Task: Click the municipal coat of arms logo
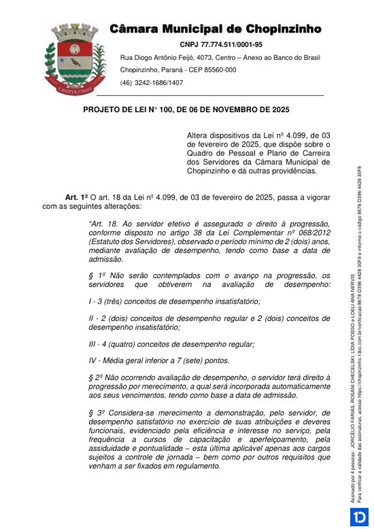point(75,59)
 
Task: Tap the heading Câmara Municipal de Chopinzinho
point(215,29)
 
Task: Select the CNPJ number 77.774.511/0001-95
point(232,45)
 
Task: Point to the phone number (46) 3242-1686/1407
point(151,83)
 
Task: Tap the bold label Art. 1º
point(76,197)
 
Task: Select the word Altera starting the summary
point(197,135)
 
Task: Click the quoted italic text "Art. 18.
point(103,224)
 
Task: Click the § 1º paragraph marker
point(97,276)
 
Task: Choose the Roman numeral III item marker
point(92,344)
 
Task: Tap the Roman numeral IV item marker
point(92,361)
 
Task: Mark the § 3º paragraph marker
point(97,413)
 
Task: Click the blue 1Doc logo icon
point(359,517)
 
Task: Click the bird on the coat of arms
point(76,62)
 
